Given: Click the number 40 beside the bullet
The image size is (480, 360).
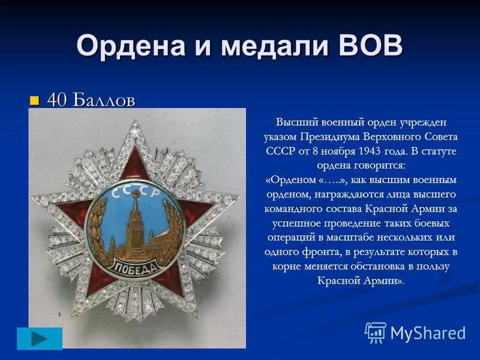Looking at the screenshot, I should tap(57, 100).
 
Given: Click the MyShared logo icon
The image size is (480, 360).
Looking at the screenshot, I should tap(376, 332).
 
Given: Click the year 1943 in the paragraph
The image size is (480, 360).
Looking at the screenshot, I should tap(376, 149).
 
